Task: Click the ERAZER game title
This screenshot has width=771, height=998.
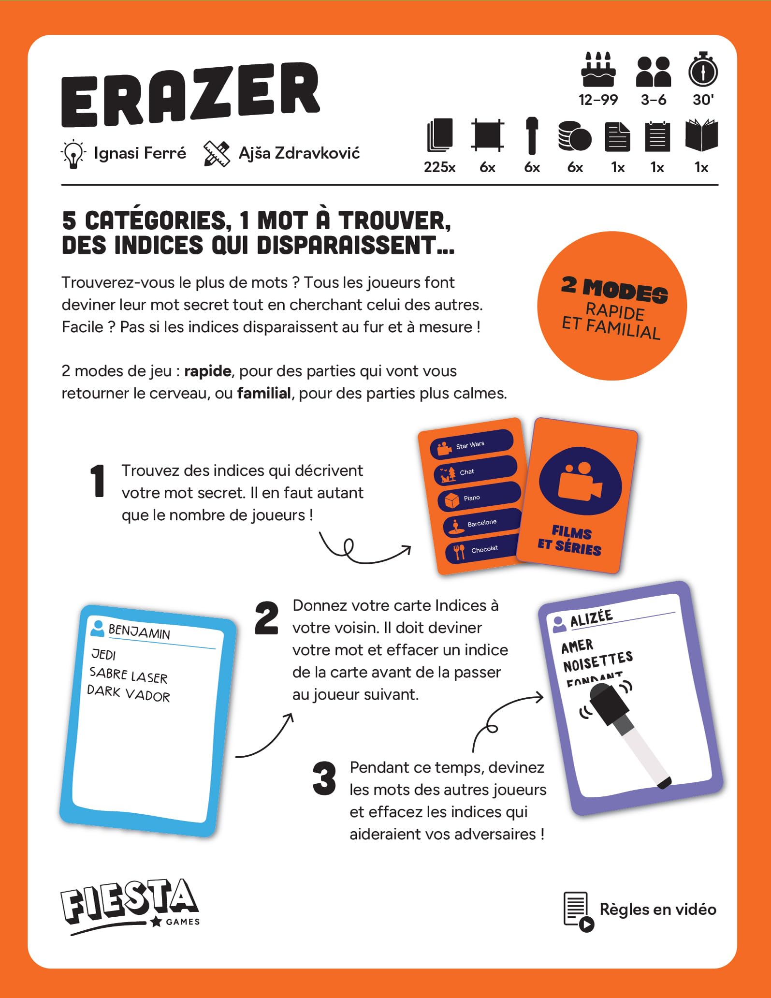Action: pos(190,95)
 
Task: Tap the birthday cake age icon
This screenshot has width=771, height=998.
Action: pos(598,69)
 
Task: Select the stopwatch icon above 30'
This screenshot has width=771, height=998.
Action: pos(703,69)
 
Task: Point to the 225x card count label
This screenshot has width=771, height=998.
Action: pos(439,167)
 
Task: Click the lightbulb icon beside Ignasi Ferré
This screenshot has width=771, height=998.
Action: pos(73,154)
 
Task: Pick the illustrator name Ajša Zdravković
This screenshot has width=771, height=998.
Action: pos(299,153)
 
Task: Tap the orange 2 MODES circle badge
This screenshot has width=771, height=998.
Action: pos(612,306)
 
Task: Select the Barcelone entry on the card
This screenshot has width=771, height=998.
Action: pos(482,523)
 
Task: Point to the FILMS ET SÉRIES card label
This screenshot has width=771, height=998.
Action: pos(570,540)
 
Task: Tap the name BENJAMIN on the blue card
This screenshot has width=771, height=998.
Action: pos(139,631)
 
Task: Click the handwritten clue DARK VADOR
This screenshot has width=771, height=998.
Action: pos(129,693)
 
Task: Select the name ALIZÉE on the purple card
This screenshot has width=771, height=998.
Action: pos(591,617)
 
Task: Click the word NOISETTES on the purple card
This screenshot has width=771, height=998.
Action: pos(598,661)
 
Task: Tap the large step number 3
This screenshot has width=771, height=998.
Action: pos(324,778)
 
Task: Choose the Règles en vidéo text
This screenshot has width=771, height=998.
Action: pos(658,909)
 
